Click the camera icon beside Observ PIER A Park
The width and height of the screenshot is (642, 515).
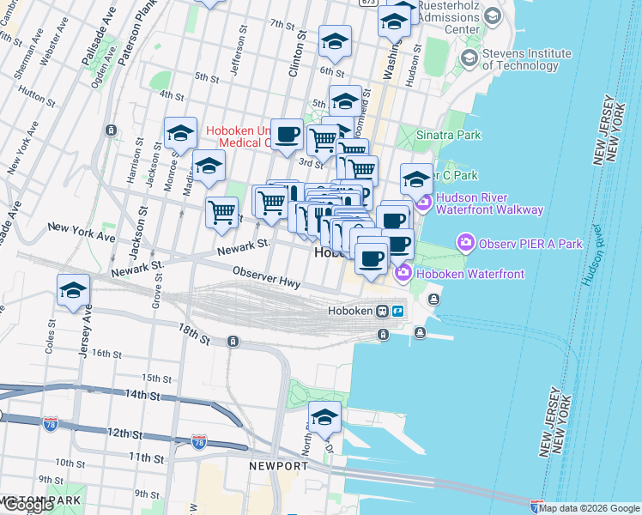(x=466, y=243)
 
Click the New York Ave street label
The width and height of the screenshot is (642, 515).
(x=82, y=230)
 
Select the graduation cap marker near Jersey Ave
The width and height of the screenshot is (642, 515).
(x=74, y=290)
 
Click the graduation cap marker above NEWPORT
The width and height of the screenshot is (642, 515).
(x=324, y=417)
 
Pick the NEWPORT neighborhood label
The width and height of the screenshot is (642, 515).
(x=278, y=466)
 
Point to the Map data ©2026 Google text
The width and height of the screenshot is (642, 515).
(x=589, y=508)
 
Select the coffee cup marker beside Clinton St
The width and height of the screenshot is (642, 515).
(x=288, y=134)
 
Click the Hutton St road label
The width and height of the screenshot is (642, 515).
(x=35, y=95)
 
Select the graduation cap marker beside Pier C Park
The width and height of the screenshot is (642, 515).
(x=416, y=179)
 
